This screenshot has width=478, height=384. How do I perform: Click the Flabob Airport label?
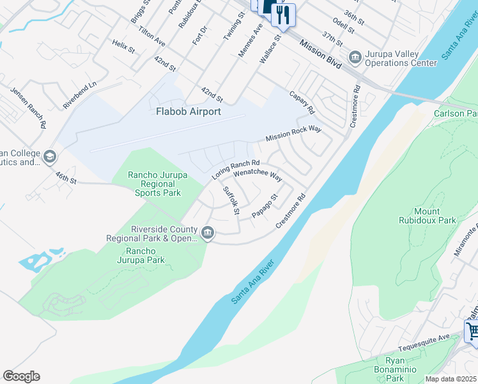pyautogui.click(x=189, y=111)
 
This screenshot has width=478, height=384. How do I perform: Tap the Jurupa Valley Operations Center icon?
pyautogui.click(x=355, y=59)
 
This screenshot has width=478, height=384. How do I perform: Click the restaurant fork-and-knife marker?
pyautogui.click(x=283, y=14)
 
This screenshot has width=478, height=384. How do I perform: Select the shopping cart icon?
pyautogui.click(x=472, y=332)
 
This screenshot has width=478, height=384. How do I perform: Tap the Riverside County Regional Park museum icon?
pyautogui.click(x=208, y=232)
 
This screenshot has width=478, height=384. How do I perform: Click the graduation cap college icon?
pyautogui.click(x=49, y=157)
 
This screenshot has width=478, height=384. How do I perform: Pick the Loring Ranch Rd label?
pyautogui.click(x=236, y=170)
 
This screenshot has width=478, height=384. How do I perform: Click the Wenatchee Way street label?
pyautogui.click(x=258, y=175)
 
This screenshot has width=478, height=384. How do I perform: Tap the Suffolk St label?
pyautogui.click(x=231, y=200)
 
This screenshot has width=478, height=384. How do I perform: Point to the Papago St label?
pyautogui.click(x=265, y=205)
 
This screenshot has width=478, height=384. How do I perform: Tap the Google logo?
pyautogui.click(x=21, y=376)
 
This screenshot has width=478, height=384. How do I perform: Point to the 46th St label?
pyautogui.click(x=66, y=177)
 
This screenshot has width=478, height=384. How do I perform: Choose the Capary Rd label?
pyautogui.click(x=303, y=102)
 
